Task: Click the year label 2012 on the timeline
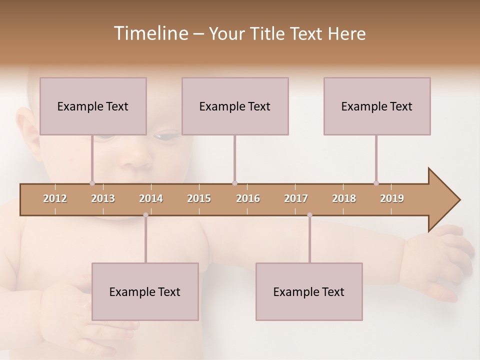(x=55, y=198)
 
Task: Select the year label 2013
(x=103, y=198)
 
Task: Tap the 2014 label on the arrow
(x=151, y=198)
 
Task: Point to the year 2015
(x=199, y=198)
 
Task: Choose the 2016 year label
(x=248, y=198)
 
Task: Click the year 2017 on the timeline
(x=296, y=198)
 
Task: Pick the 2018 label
(x=344, y=198)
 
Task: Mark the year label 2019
(x=392, y=198)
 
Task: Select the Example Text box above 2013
(x=93, y=106)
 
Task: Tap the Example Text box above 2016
(x=235, y=106)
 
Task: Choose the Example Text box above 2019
(x=377, y=106)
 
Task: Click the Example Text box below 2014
(x=145, y=291)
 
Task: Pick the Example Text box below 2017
(x=309, y=291)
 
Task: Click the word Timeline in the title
(x=150, y=33)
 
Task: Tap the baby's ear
(x=27, y=132)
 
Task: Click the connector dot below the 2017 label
(x=309, y=215)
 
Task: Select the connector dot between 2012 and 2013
(x=92, y=183)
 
